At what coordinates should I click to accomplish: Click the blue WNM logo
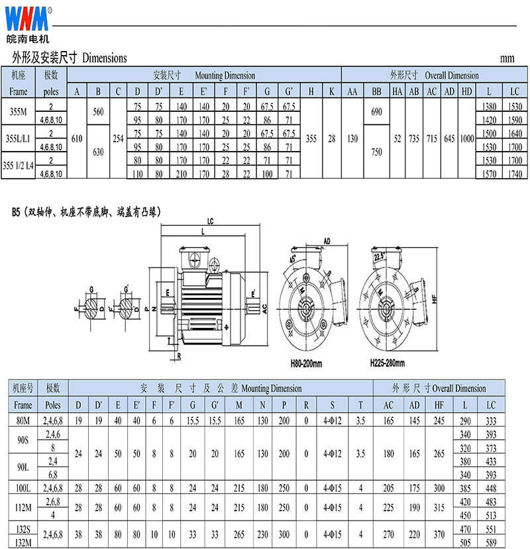(27, 19)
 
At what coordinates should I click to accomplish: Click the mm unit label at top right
(507, 58)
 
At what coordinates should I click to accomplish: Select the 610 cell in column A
(77, 138)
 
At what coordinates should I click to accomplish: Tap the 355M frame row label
(18, 112)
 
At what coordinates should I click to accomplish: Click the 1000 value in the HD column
(466, 138)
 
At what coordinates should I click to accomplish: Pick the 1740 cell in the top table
(515, 174)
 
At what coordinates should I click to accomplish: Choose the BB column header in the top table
(376, 91)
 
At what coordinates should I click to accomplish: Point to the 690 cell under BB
(376, 112)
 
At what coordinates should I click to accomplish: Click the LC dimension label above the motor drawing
(210, 221)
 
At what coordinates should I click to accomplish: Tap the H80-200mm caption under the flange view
(306, 364)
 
